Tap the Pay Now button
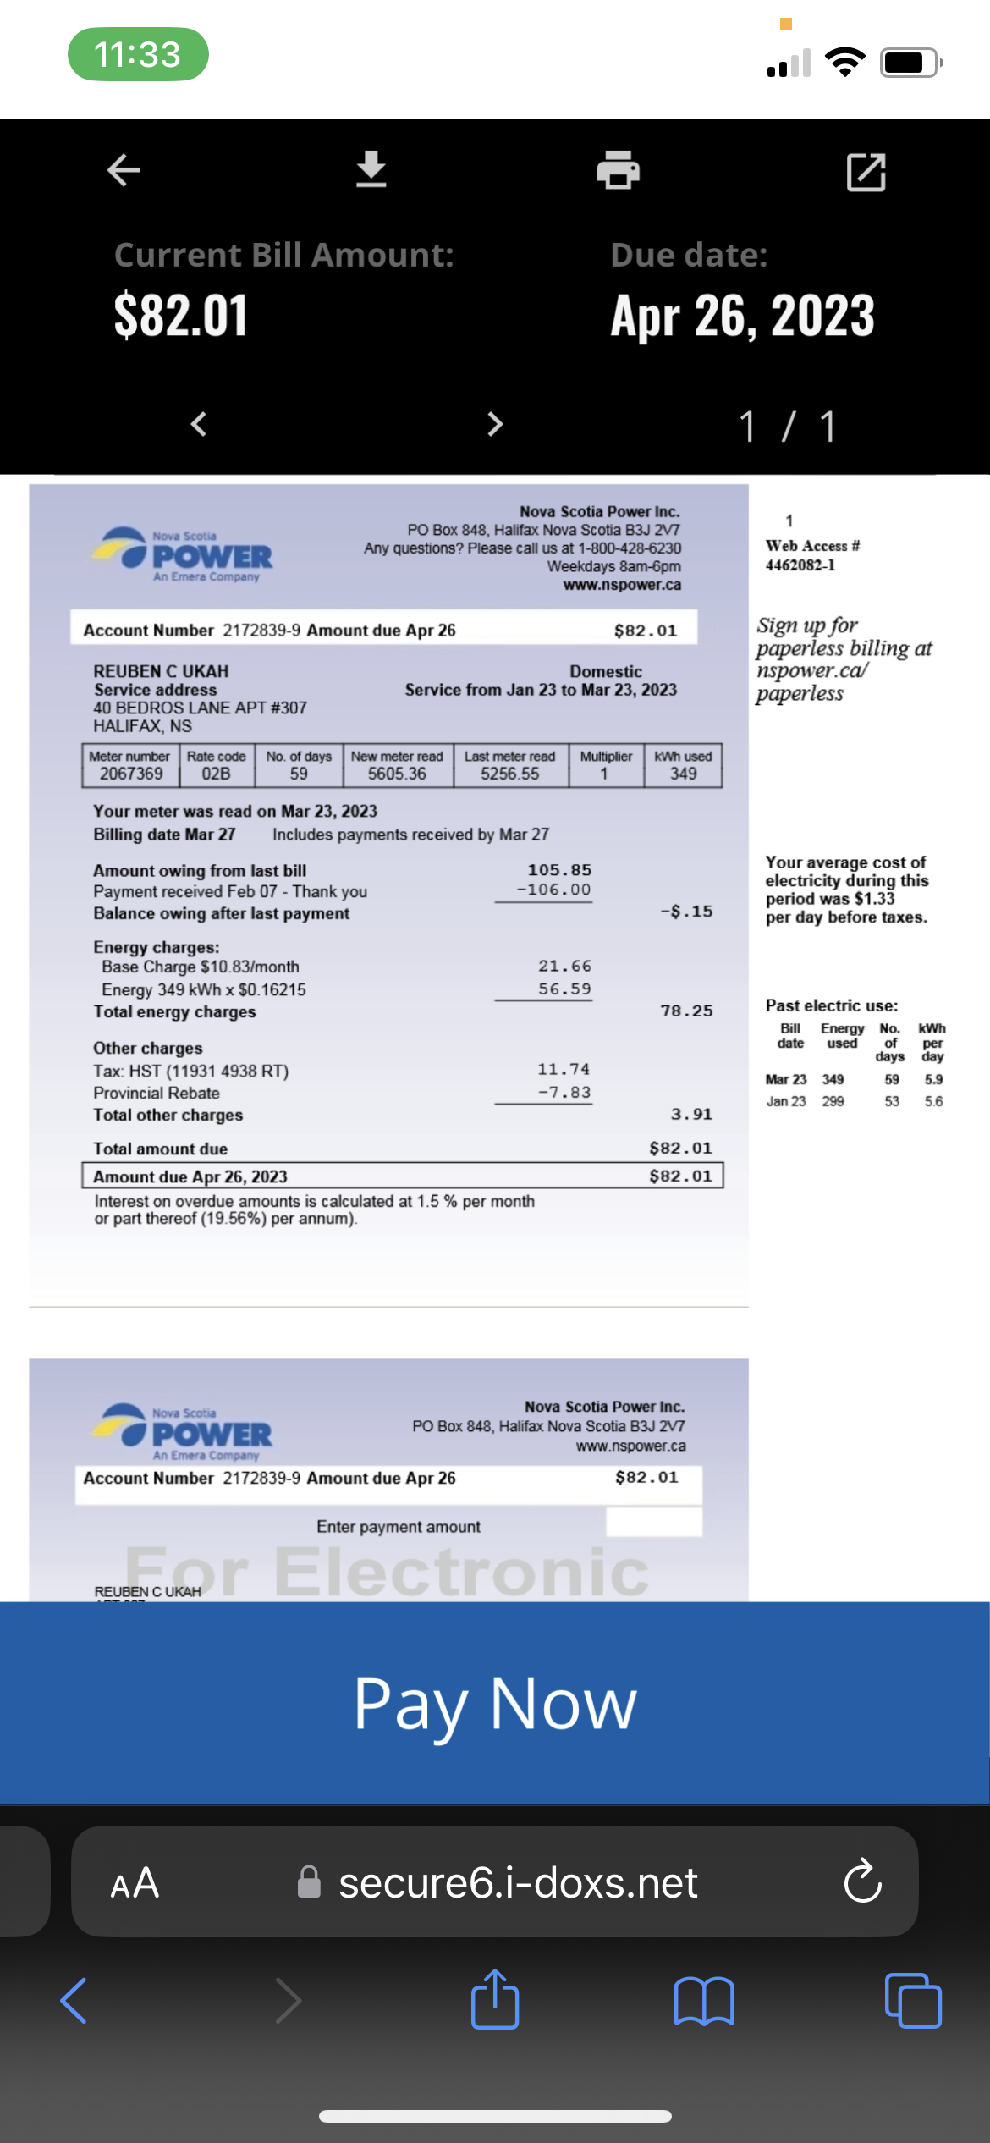(495, 1703)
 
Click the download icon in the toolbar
(371, 170)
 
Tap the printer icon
(618, 170)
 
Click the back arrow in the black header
(124, 170)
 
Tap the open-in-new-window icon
(866, 172)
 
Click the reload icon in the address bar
(862, 1881)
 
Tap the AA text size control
(135, 1882)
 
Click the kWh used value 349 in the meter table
(683, 774)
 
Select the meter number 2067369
(131, 774)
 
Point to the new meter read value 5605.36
(397, 774)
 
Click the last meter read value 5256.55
(509, 774)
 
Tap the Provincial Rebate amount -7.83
(564, 1092)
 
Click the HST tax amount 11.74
(564, 1069)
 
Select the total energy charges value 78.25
(686, 1011)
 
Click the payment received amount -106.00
(554, 890)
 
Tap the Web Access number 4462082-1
(800, 565)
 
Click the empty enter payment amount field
(653, 1522)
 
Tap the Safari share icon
(495, 2000)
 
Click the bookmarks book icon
(704, 2000)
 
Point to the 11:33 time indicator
(138, 54)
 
